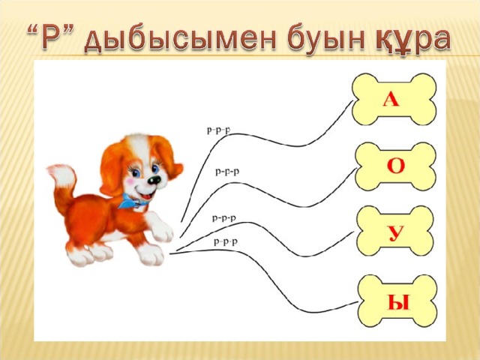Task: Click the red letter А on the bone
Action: (391, 100)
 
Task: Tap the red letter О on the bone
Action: (396, 166)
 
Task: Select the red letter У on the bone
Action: (395, 234)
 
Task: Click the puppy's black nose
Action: (154, 180)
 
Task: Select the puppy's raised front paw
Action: (160, 228)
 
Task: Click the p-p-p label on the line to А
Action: (219, 130)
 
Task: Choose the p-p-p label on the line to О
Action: (227, 172)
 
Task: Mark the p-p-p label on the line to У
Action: (224, 218)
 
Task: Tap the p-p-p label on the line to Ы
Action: (226, 242)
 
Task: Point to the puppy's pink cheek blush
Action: (131, 182)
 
